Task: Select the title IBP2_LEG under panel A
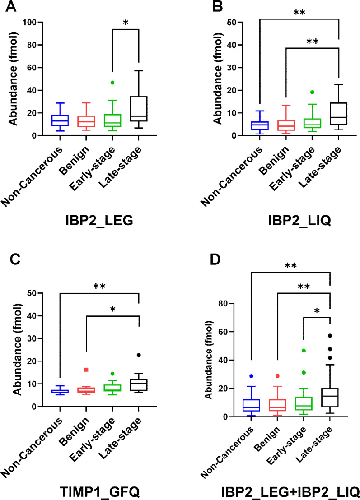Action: pyautogui.click(x=98, y=222)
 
